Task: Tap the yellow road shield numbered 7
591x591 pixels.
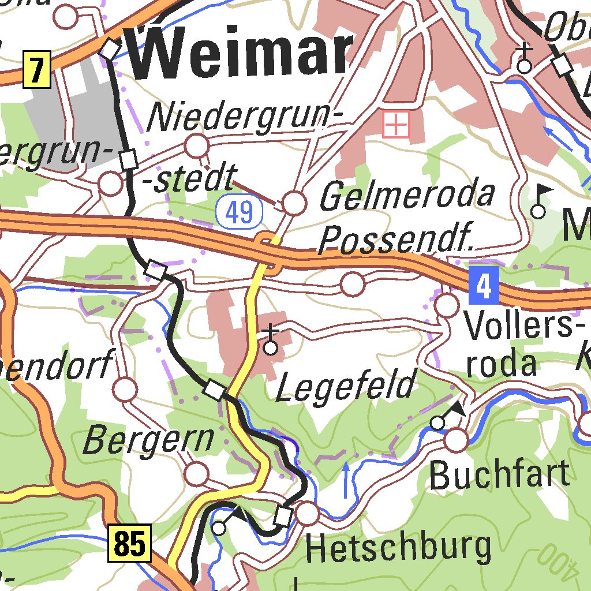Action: click(37, 70)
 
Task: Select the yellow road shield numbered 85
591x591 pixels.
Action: click(129, 543)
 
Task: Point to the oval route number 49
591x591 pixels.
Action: click(240, 212)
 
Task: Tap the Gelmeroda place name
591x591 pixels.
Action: click(407, 196)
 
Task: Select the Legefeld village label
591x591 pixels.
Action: click(346, 386)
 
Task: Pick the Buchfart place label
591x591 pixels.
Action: click(500, 475)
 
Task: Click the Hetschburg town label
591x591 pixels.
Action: click(399, 548)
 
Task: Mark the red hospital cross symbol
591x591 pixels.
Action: click(397, 124)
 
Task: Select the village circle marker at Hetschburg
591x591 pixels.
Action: click(308, 513)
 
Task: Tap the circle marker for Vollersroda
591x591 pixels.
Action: click(447, 305)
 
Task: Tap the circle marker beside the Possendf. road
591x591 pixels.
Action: click(353, 284)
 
